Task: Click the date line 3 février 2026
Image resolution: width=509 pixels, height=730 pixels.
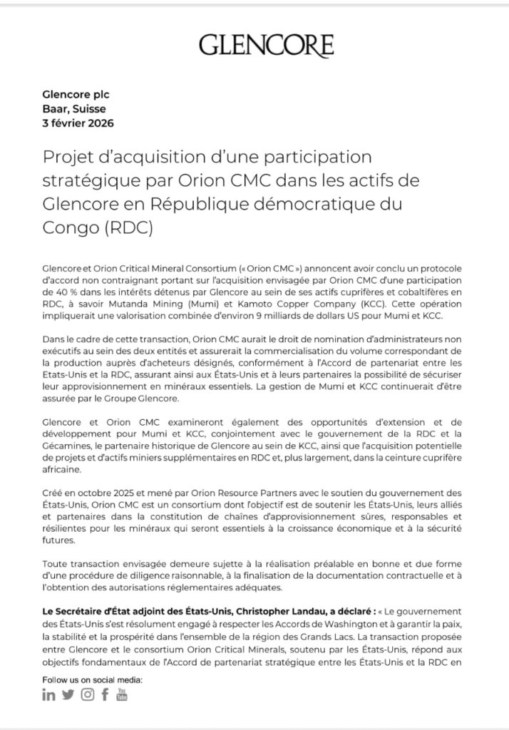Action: click(78, 123)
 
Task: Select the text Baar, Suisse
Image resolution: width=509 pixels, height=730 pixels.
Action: click(73, 108)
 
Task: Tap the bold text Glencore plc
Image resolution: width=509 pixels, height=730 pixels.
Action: click(76, 94)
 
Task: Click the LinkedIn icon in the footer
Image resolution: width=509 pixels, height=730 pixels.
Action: click(49, 695)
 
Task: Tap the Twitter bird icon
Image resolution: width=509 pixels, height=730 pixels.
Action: click(68, 695)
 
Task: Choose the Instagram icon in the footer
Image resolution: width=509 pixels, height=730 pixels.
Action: click(87, 695)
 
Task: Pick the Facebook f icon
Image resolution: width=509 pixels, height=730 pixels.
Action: click(105, 695)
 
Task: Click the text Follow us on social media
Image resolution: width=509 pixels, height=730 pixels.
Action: click(93, 679)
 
